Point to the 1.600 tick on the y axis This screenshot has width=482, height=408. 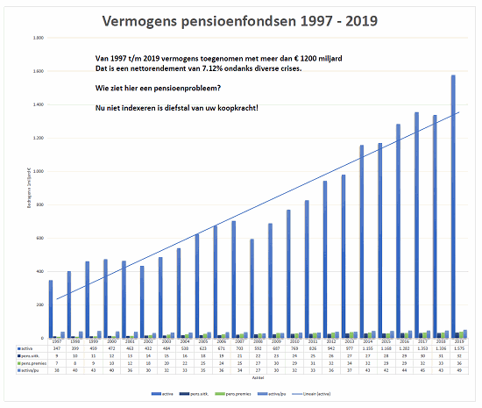tap(39, 72)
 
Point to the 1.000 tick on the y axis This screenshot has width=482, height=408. tap(39, 171)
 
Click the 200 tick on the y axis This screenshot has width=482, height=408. tap(40, 304)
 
